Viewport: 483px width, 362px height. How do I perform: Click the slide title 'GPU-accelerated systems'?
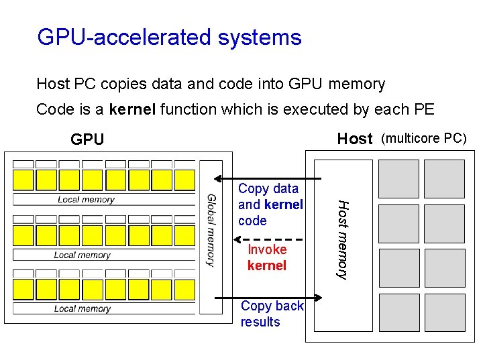169,37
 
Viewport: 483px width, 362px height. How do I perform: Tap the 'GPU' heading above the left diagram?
87,139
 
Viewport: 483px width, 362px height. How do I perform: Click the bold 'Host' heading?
354,139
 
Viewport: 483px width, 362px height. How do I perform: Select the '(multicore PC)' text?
423,139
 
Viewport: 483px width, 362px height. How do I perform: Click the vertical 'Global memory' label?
211,230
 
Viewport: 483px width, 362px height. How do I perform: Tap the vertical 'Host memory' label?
342,239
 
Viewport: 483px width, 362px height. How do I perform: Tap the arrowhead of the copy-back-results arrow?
319,298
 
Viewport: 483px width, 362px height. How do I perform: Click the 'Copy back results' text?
272,314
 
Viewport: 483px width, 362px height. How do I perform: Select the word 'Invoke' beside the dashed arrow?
267,249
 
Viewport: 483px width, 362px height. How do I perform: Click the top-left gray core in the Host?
398,178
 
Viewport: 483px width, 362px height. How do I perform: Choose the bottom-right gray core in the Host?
444,313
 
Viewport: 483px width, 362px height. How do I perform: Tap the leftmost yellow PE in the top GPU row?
23,180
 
